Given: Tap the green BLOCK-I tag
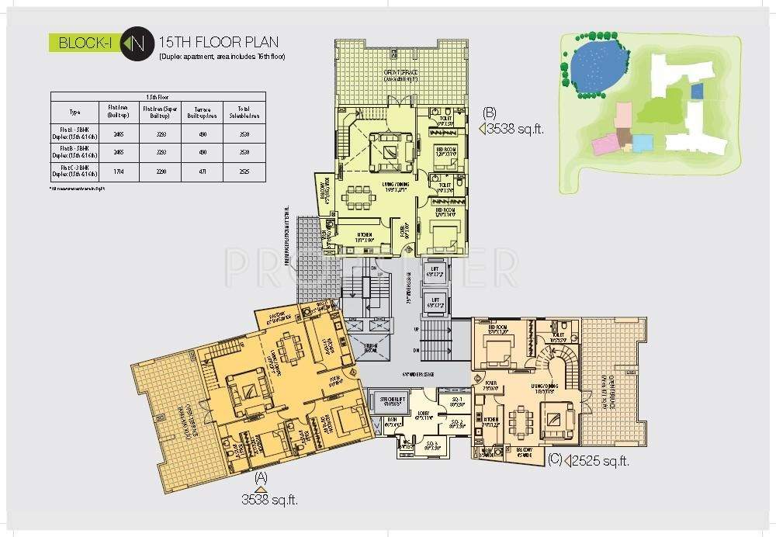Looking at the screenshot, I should click(86, 43).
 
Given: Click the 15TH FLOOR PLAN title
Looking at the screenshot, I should click(217, 41).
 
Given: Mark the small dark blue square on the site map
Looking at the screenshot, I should click(696, 92).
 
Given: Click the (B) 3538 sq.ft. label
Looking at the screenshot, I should click(513, 126).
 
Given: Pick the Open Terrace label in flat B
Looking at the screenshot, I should click(401, 74).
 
